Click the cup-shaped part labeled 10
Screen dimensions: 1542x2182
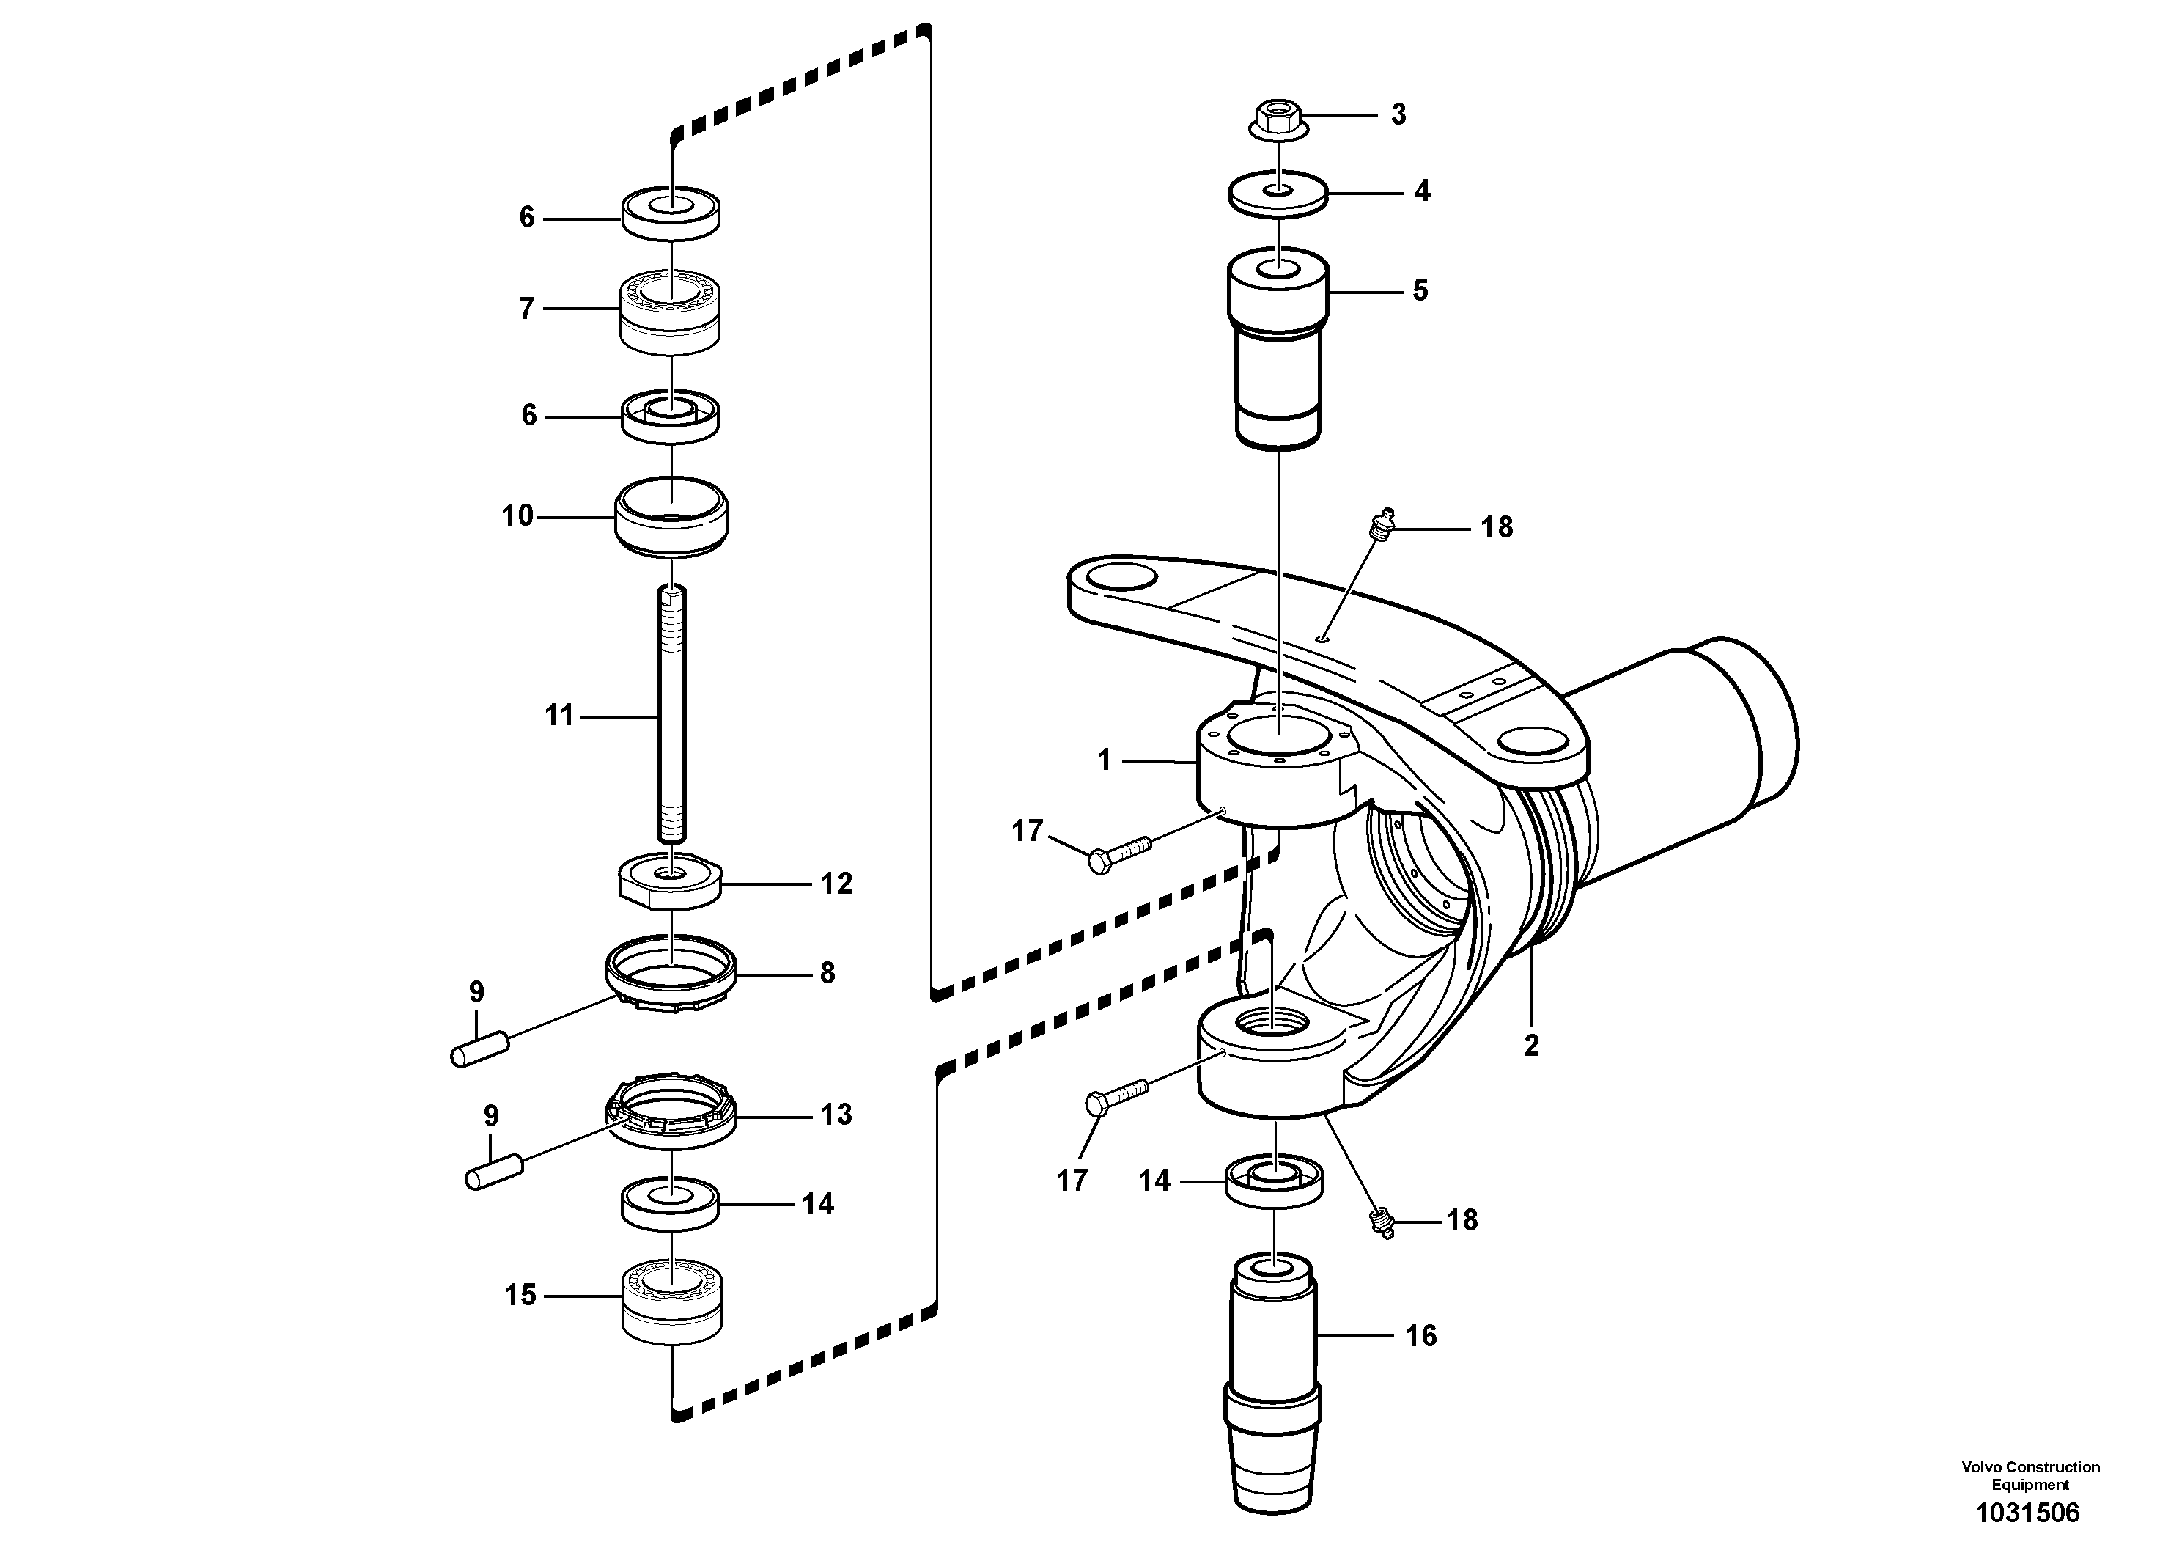tap(672, 518)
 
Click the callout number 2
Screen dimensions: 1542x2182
tap(1530, 1046)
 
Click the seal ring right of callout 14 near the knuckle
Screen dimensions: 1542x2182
tap(1275, 1182)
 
